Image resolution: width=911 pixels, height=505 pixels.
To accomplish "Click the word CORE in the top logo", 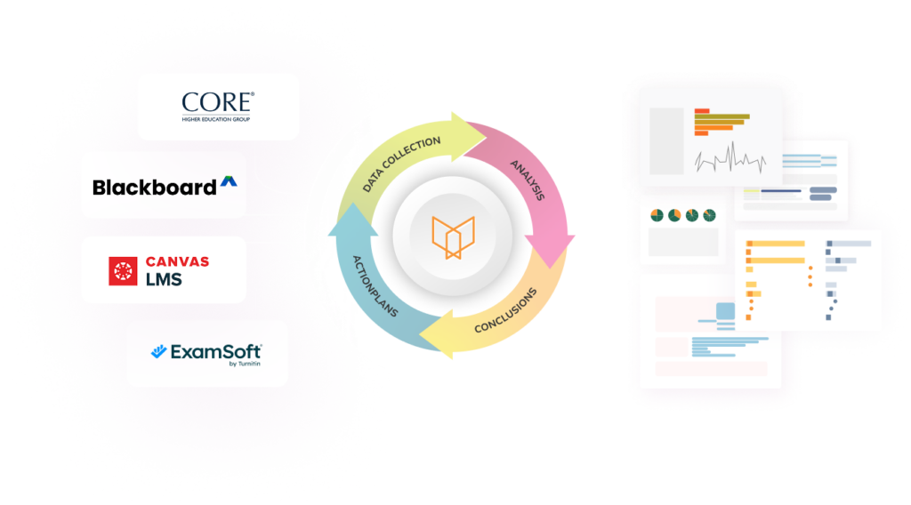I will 218,100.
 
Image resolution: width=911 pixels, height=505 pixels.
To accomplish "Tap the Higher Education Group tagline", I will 218,119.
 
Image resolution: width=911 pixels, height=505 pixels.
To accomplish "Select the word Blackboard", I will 154,187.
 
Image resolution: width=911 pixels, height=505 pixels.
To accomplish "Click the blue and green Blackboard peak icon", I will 231,185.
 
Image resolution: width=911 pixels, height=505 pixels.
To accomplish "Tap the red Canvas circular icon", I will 123,270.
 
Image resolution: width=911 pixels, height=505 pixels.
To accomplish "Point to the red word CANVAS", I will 178,261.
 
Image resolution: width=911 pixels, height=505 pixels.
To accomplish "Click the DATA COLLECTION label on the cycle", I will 402,163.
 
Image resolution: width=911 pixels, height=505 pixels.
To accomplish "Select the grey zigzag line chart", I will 730,160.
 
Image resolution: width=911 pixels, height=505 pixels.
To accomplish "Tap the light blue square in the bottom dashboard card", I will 725,312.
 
